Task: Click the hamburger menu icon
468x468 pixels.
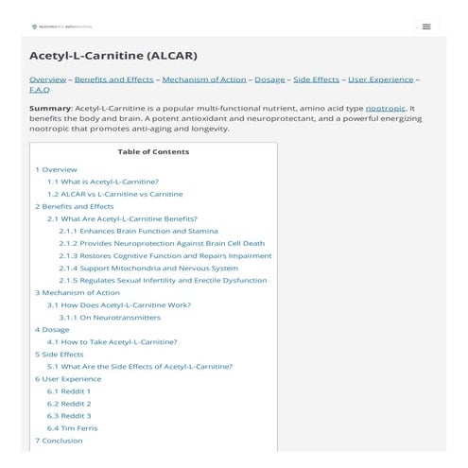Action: [426, 26]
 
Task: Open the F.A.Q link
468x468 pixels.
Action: [39, 90]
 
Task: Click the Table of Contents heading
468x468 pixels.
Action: [153, 151]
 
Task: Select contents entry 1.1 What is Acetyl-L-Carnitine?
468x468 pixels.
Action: [103, 181]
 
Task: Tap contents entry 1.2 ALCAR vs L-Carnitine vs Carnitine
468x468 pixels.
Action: [114, 193]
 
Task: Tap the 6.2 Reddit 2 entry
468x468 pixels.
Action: [69, 403]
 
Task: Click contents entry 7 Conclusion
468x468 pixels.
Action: [59, 440]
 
